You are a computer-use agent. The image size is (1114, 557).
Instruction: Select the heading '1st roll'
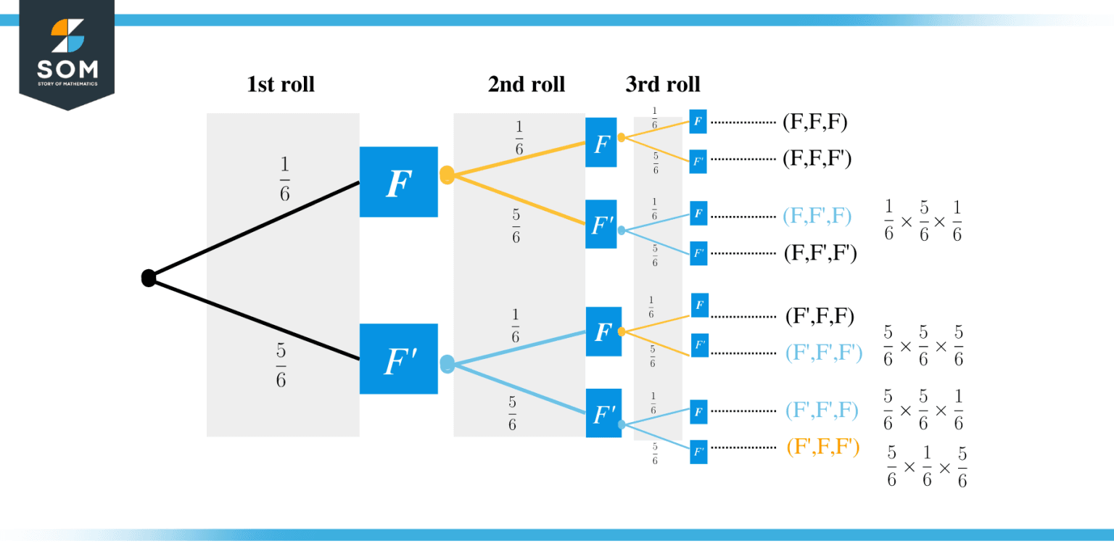click(x=281, y=84)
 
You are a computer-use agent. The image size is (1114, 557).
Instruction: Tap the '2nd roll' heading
click(x=526, y=84)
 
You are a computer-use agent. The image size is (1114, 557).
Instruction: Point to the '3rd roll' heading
click(x=663, y=84)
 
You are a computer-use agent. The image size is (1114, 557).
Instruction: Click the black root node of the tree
click(x=149, y=278)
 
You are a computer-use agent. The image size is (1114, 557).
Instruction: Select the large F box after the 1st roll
click(x=398, y=182)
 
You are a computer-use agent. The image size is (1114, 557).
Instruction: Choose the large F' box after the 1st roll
click(x=398, y=359)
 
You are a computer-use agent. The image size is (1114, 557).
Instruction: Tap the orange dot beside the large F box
click(x=447, y=175)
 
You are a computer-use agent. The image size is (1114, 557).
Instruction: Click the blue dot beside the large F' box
click(x=447, y=363)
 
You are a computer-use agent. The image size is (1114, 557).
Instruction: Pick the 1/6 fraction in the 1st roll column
click(x=284, y=179)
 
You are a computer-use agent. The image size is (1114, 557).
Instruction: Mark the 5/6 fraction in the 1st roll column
click(x=281, y=366)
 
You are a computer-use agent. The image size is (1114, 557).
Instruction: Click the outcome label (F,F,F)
click(x=815, y=122)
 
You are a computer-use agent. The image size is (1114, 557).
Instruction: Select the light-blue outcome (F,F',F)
click(x=817, y=215)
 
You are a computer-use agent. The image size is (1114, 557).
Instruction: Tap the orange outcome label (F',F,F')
click(x=822, y=447)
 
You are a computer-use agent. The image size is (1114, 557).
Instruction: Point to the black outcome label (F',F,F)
click(x=820, y=316)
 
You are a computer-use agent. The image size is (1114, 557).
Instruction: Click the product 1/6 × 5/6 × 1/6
click(x=923, y=221)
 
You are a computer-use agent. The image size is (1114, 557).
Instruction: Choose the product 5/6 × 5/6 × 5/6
click(x=923, y=347)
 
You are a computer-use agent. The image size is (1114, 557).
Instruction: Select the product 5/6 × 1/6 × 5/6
click(x=927, y=467)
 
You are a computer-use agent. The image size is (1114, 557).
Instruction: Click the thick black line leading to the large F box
click(x=254, y=230)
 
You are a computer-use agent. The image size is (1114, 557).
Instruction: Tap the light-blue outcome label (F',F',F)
click(x=822, y=410)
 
